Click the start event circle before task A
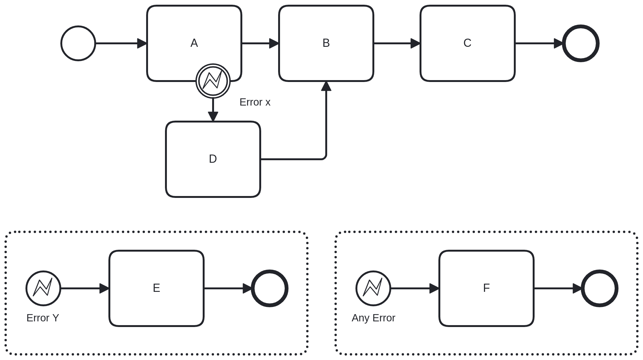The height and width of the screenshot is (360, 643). [78, 43]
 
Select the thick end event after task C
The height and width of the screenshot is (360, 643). [580, 43]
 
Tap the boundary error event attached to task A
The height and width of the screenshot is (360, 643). [213, 81]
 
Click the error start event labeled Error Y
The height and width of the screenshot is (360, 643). [43, 288]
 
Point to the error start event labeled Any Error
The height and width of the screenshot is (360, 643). [373, 288]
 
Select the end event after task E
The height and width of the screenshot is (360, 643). [270, 288]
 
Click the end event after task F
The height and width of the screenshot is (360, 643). [599, 288]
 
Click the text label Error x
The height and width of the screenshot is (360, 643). [255, 102]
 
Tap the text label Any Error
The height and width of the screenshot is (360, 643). [373, 318]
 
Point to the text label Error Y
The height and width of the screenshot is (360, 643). [43, 318]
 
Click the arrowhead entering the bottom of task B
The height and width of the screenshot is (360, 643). [326, 86]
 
